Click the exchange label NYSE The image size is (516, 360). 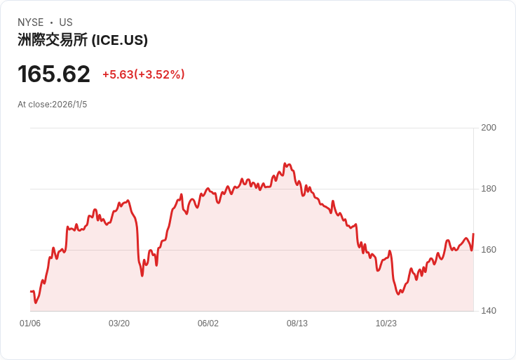(31, 22)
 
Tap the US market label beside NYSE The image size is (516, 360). (66, 22)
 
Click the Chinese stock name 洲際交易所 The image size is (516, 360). (53, 40)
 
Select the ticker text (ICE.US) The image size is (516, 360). (119, 40)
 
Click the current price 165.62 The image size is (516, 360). (54, 74)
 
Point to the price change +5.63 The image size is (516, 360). (118, 74)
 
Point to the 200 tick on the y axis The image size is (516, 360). (489, 128)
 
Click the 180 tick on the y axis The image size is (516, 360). (489, 189)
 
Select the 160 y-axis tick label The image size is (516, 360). (489, 250)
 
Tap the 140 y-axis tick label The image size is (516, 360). (489, 311)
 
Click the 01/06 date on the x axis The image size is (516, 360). (30, 324)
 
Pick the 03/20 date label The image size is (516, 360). (119, 324)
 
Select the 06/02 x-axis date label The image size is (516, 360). (208, 324)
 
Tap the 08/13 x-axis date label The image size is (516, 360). (297, 324)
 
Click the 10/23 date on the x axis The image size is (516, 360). (386, 324)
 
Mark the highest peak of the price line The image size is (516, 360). (285, 164)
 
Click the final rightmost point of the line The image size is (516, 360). (473, 234)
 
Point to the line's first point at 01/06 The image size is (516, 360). (31, 291)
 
